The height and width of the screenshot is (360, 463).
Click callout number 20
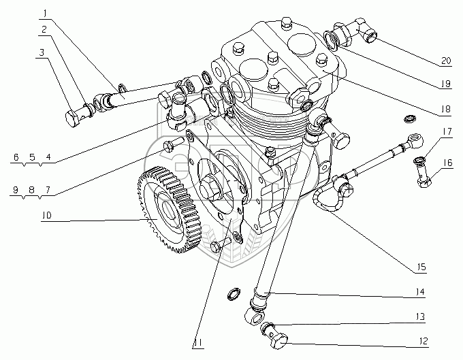[x=445, y=61]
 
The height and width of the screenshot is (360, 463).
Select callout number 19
[x=445, y=84]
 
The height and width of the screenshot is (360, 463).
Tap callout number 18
[x=445, y=108]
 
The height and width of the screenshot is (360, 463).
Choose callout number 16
[x=446, y=163]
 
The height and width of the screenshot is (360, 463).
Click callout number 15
[x=421, y=267]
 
